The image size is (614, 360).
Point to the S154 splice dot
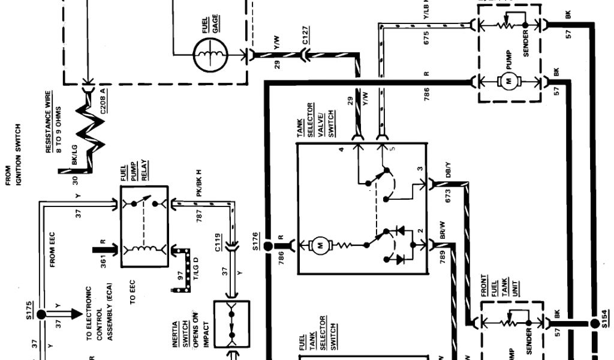[595, 323]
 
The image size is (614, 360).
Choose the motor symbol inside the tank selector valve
[320, 244]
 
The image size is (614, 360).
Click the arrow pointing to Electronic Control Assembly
[71, 314]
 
